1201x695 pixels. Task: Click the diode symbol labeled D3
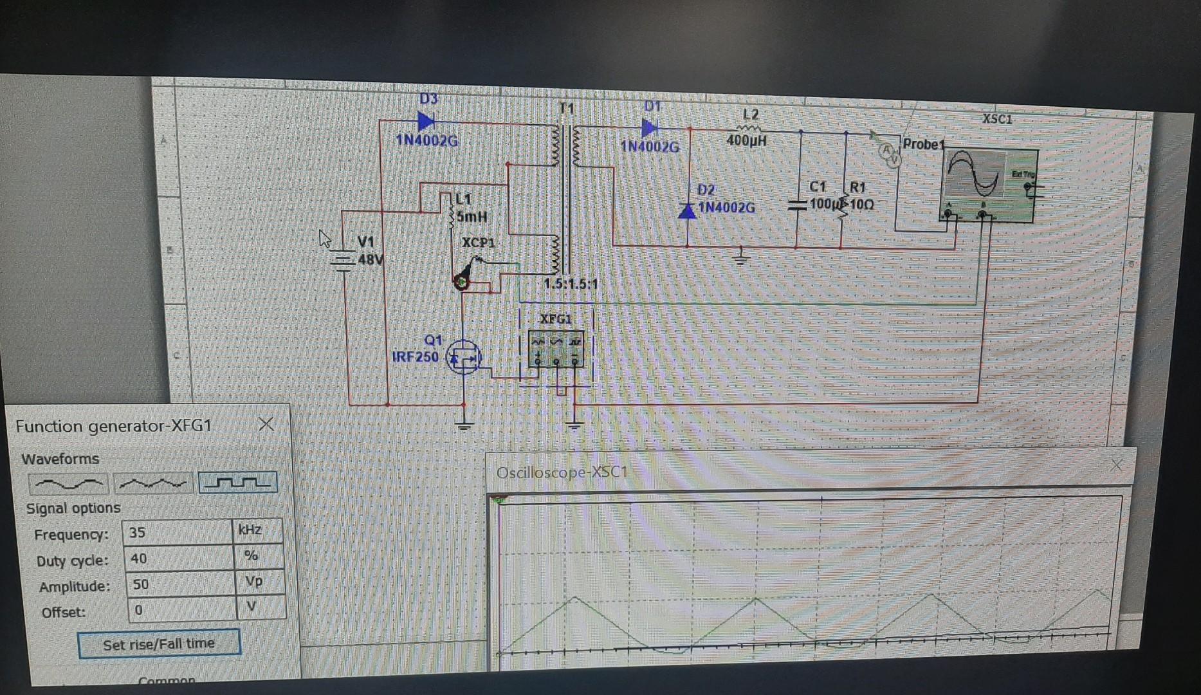(x=425, y=121)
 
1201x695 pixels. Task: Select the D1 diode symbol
(x=649, y=128)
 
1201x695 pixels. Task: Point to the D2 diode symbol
(x=687, y=210)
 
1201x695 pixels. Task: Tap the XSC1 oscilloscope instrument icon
(x=989, y=185)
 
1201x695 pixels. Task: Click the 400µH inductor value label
(x=746, y=140)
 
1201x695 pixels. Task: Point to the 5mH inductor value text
(x=472, y=217)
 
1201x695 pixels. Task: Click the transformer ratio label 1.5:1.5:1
(x=571, y=284)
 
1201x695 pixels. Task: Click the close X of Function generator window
(x=266, y=424)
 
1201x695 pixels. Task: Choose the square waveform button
(x=238, y=483)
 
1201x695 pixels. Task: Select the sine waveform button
(x=68, y=483)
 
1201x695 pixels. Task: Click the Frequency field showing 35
(x=177, y=532)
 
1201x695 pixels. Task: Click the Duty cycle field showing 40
(x=179, y=558)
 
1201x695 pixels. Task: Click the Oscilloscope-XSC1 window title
(x=562, y=472)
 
